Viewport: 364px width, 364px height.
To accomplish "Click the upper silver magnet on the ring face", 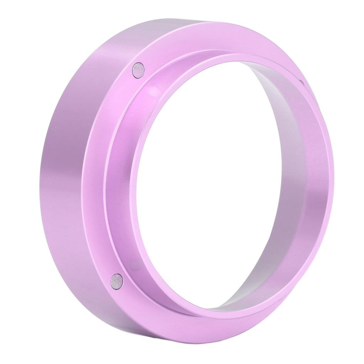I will pos(138,70).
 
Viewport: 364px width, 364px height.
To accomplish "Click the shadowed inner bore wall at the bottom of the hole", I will pos(231,302).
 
